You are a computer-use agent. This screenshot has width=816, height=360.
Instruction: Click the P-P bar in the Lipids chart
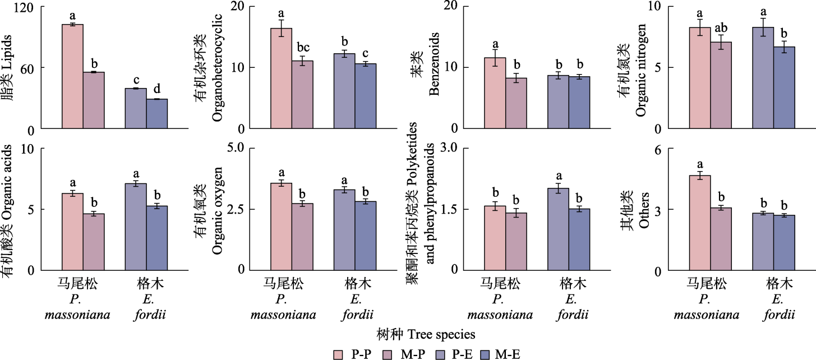(72, 77)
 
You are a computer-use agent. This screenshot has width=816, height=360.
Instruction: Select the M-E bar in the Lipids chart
(157, 114)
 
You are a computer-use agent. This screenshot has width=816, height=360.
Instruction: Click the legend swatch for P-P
(338, 354)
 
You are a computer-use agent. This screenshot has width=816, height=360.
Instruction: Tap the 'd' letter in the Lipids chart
(157, 89)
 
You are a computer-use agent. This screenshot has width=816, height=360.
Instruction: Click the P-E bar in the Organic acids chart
(136, 227)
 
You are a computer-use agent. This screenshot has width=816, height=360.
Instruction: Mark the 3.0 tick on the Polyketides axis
(450, 148)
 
